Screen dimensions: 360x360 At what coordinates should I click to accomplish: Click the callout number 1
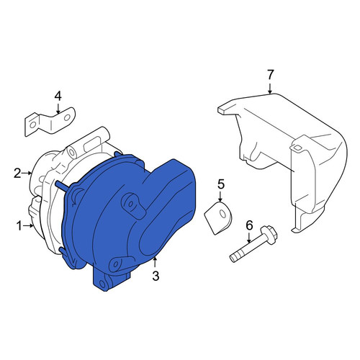pos(19,226)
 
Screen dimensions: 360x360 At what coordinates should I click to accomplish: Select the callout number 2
pos(17,174)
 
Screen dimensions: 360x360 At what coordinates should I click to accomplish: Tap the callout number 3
pos(156,276)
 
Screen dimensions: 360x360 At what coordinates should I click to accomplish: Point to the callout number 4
pos(58,96)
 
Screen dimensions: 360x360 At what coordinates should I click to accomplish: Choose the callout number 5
pos(221,184)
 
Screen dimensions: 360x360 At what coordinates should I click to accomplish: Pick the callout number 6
pos(249,225)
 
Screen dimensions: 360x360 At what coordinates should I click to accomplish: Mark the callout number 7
pos(270,75)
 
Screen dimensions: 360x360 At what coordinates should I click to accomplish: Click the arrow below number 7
pos(270,89)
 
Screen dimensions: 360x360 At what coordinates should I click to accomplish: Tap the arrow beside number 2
pos(27,173)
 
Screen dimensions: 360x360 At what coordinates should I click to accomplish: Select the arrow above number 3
pos(156,263)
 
